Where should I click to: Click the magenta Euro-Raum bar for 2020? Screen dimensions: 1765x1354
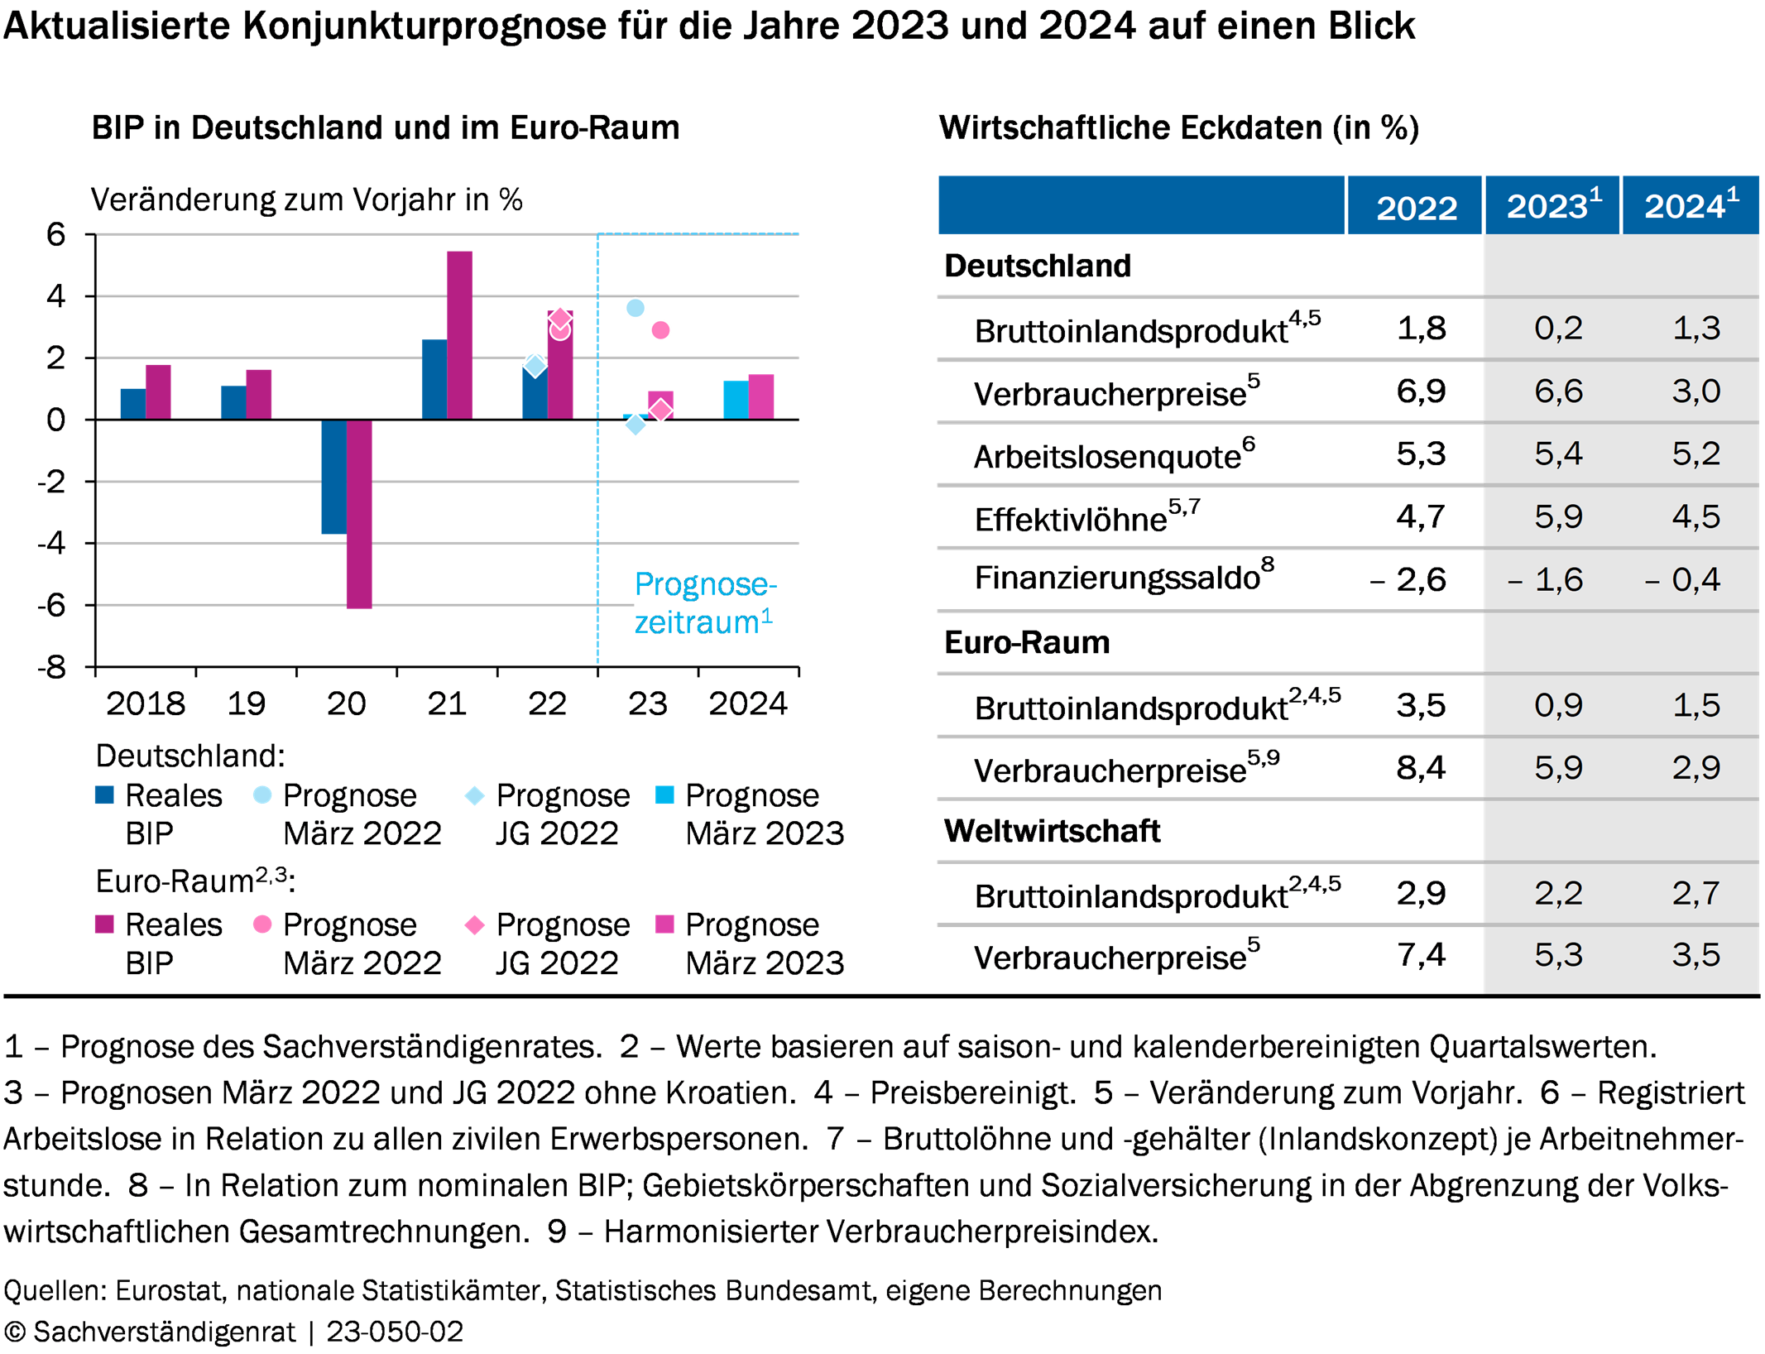(x=359, y=514)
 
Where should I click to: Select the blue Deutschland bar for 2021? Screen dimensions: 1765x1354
(x=434, y=379)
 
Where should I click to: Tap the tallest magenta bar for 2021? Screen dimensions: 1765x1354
(x=460, y=335)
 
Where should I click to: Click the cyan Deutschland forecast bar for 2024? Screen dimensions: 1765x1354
(x=736, y=400)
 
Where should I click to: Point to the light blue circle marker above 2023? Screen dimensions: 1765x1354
(x=635, y=308)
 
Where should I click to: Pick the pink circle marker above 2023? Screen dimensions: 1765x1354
(x=660, y=330)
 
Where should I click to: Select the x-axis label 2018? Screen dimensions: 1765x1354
(x=146, y=703)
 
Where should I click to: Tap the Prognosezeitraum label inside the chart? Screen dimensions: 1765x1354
(x=705, y=603)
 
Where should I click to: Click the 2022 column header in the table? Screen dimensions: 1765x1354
(x=1416, y=207)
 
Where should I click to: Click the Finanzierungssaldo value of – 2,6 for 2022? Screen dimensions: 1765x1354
(x=1408, y=579)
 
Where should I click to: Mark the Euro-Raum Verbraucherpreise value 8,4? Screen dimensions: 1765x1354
(x=1421, y=768)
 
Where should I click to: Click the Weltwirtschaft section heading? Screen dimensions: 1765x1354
(x=1052, y=831)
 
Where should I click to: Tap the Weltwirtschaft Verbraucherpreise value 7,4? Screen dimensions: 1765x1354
(x=1421, y=955)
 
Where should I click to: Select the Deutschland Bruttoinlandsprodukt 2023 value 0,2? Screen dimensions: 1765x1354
(x=1558, y=329)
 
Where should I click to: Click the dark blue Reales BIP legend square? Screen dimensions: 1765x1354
(x=104, y=795)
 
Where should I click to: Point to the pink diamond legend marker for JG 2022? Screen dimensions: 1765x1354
(x=475, y=924)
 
